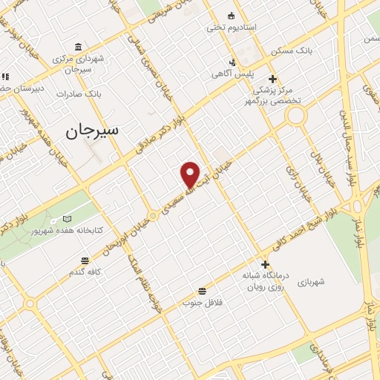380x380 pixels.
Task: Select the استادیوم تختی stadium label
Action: pyautogui.click(x=231, y=27)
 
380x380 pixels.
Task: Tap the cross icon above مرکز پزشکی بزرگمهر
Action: pyautogui.click(x=273, y=78)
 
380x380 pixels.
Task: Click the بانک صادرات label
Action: pyautogui.click(x=82, y=94)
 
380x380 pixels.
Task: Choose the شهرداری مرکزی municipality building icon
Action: pyautogui.click(x=79, y=47)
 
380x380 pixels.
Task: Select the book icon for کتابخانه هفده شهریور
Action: pyautogui.click(x=68, y=219)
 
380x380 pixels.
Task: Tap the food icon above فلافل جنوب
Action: pyautogui.click(x=202, y=291)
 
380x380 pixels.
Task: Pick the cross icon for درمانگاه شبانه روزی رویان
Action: pyautogui.click(x=265, y=263)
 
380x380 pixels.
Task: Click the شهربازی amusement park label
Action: pyautogui.click(x=312, y=283)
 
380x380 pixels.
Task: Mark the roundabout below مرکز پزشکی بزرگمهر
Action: pyautogui.click(x=297, y=116)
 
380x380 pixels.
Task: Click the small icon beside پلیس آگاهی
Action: pyautogui.click(x=232, y=62)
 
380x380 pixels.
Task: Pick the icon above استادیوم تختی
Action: pyautogui.click(x=232, y=16)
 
